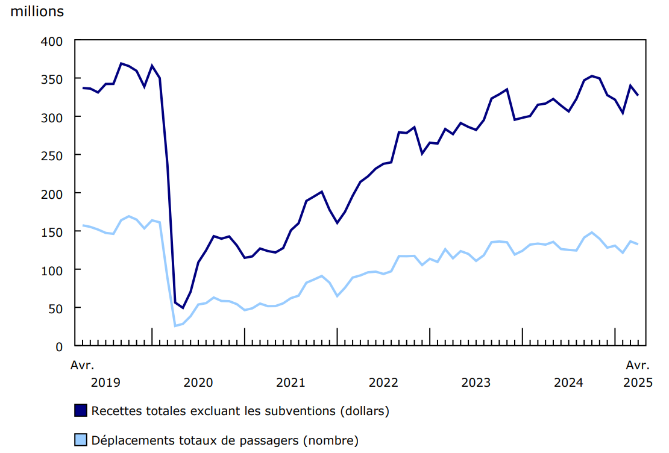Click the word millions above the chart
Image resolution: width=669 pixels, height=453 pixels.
[37, 11]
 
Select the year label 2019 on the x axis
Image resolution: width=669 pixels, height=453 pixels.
[105, 383]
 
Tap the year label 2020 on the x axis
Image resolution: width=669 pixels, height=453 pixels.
[198, 383]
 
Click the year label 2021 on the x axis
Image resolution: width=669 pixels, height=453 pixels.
[291, 383]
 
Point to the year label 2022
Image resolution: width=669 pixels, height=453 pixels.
[383, 383]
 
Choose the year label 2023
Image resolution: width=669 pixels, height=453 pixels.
[476, 383]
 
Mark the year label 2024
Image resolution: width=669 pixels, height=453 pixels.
[568, 383]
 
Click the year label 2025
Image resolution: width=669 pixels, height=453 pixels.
[638, 383]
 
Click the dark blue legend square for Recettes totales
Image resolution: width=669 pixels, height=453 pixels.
[81, 411]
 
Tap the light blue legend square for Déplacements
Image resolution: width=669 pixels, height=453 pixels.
[81, 440]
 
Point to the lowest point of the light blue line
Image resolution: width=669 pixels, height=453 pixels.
[175, 326]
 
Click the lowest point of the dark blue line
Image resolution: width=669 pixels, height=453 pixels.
[183, 308]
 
